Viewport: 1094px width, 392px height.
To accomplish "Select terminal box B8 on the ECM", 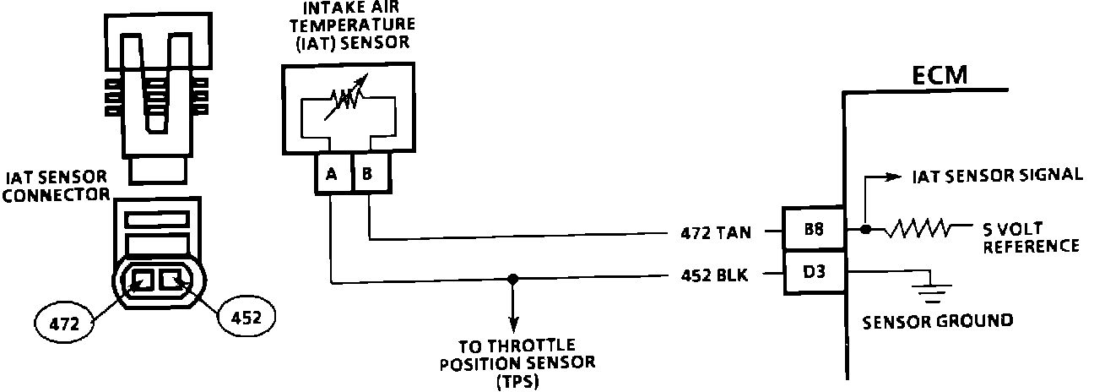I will (x=814, y=230).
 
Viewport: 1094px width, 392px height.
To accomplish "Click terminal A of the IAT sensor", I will (x=331, y=175).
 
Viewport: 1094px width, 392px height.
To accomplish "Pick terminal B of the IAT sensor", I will (x=368, y=175).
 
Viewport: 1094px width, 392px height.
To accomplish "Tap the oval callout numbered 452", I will (x=246, y=318).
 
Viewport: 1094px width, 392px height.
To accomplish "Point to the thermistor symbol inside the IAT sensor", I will (x=345, y=101).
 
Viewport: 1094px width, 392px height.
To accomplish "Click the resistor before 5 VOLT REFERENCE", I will (x=923, y=228).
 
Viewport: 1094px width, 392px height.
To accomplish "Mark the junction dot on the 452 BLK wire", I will (x=512, y=278).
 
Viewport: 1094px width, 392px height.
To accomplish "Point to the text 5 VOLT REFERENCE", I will (x=1030, y=237).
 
